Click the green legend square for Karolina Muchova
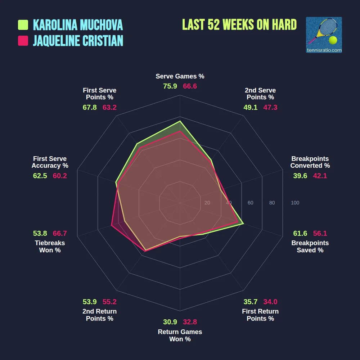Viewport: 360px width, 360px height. pos(23,25)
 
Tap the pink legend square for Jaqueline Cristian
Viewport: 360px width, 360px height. pos(23,41)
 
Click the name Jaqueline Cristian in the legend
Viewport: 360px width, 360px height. pos(78,41)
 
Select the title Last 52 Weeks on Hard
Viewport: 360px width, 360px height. pos(239,24)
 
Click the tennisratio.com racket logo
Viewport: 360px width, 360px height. pos(324,35)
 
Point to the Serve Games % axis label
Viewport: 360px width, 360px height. pos(180,76)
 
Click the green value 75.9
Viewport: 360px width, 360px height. pos(170,86)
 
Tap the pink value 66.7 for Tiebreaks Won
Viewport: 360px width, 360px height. pos(60,233)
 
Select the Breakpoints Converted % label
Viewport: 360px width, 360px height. pos(310,162)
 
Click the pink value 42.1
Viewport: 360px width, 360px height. pos(320,176)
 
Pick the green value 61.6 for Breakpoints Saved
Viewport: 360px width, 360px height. pos(300,233)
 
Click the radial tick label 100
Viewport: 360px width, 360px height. pos(295,203)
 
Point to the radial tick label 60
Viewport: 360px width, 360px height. pos(250,203)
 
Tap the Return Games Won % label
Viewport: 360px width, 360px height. pos(180,335)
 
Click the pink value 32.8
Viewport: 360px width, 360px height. pos(190,322)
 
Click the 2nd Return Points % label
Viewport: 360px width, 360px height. pos(100,315)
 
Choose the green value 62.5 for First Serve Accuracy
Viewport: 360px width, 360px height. pos(40,176)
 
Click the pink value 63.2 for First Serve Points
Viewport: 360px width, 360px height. pos(109,107)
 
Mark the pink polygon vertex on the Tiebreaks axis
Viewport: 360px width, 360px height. pos(112,226)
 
